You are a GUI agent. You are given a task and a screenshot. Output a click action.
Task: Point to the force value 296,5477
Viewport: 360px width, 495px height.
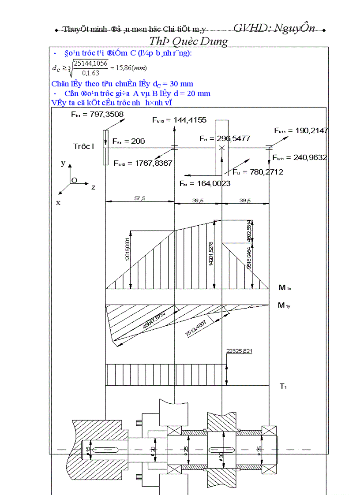[234, 138]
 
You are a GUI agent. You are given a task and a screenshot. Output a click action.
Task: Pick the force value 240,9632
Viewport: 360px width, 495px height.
[307, 157]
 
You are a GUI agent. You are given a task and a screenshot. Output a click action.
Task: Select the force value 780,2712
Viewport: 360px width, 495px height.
[264, 172]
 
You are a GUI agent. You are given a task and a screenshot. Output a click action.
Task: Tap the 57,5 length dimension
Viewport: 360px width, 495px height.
[140, 199]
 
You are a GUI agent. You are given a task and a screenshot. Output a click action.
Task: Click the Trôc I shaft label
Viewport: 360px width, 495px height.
[83, 146]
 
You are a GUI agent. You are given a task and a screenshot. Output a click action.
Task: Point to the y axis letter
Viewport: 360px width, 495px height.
[63, 163]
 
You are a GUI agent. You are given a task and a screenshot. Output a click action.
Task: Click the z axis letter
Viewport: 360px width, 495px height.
[94, 187]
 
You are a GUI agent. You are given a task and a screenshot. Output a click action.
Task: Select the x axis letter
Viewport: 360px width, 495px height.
[58, 202]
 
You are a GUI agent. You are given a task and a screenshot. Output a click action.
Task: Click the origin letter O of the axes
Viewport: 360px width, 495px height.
[74, 180]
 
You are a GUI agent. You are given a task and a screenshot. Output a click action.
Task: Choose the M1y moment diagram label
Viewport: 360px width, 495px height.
[284, 305]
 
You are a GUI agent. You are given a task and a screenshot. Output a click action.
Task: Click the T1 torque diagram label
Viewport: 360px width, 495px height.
[283, 387]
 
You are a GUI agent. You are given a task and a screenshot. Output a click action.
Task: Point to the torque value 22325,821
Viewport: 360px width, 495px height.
[240, 351]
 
